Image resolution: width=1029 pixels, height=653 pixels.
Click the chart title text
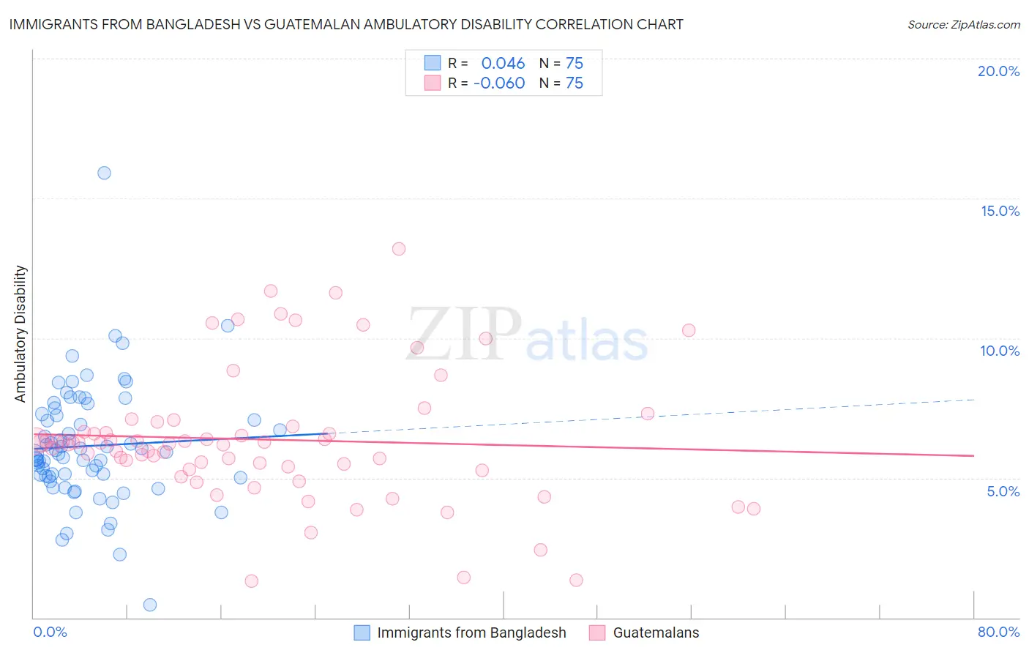[x=346, y=24]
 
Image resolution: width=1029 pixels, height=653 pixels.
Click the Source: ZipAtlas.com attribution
[x=963, y=24]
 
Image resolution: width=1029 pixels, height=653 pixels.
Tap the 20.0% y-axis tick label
[x=998, y=71]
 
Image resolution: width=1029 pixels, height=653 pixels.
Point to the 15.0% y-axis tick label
[x=1000, y=211]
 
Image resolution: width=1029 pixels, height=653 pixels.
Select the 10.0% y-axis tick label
[x=1000, y=351]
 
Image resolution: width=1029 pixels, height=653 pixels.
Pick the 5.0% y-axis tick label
[x=1003, y=491]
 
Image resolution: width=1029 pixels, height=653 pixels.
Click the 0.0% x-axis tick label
[x=50, y=632]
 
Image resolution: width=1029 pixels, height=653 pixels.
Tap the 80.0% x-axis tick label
[x=998, y=632]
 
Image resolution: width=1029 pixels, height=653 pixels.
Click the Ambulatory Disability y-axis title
[x=20, y=334]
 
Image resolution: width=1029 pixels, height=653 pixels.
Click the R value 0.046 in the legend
[x=503, y=63]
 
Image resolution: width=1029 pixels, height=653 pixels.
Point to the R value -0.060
[x=499, y=83]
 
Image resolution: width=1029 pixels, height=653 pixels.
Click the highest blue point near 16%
[x=104, y=173]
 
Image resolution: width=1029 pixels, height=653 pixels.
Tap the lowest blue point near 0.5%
[x=150, y=605]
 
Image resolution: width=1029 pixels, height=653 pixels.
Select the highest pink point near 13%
[x=399, y=249]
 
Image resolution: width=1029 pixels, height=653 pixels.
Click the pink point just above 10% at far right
[x=689, y=330]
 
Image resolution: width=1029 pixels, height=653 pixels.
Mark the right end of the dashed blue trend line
[x=974, y=399]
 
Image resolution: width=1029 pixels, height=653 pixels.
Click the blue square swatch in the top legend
[x=433, y=63]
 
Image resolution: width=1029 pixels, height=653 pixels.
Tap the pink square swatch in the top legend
[x=433, y=83]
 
